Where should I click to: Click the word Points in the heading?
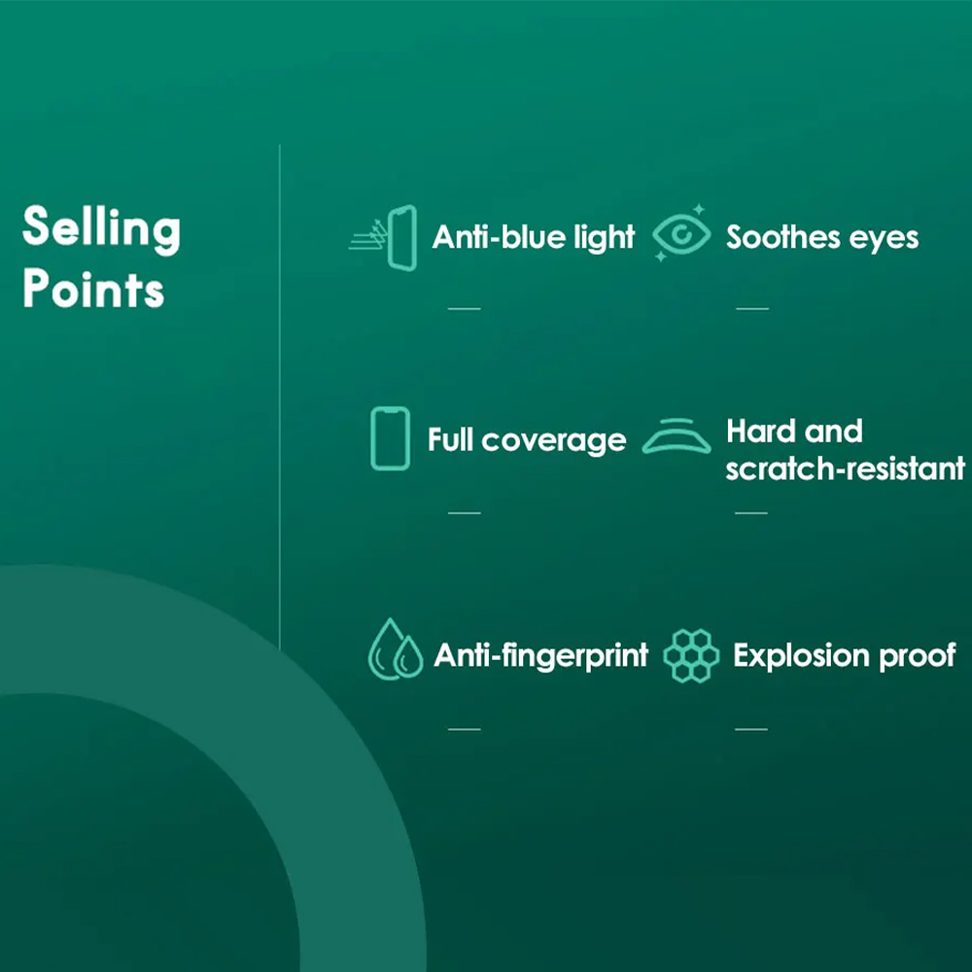(93, 289)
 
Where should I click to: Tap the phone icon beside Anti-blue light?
(383, 238)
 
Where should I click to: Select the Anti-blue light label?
(534, 237)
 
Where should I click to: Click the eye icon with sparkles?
(681, 234)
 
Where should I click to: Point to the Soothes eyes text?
(822, 237)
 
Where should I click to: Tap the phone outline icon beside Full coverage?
(390, 438)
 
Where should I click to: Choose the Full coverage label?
(527, 440)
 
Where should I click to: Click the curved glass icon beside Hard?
(677, 437)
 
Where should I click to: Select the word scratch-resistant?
(845, 469)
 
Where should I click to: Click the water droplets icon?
(396, 649)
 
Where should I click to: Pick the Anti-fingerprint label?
(541, 656)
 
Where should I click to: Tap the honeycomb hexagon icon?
(691, 656)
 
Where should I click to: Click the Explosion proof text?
(845, 656)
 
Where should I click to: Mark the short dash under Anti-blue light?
(465, 308)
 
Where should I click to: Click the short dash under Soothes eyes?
(752, 308)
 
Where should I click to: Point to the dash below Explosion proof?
(751, 729)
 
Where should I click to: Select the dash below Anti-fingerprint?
(465, 729)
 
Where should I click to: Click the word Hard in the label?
(762, 431)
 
